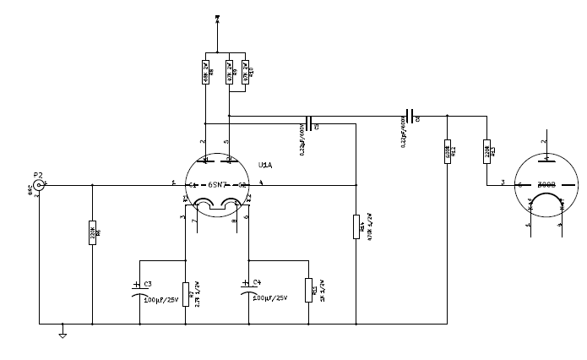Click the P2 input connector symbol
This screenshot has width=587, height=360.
point(38,184)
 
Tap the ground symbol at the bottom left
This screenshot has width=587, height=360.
point(62,335)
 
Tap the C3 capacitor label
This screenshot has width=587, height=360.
point(148,284)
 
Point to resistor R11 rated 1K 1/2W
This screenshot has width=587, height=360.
point(309,289)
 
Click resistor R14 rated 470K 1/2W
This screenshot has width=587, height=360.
point(356,226)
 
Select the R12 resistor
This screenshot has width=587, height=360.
point(447,151)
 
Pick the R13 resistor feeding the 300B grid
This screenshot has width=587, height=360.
point(486,151)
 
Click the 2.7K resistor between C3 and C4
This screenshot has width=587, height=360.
point(185,293)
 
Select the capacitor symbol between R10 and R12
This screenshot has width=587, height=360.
point(410,116)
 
